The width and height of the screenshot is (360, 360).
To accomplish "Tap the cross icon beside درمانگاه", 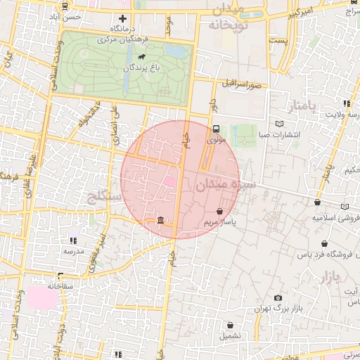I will pyautogui.click(x=123, y=18).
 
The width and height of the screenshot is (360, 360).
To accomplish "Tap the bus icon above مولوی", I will pyautogui.click(x=216, y=129).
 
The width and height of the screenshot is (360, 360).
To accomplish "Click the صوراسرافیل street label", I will pyautogui.click(x=242, y=84).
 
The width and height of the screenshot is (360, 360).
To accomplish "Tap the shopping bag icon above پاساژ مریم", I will pyautogui.click(x=220, y=211).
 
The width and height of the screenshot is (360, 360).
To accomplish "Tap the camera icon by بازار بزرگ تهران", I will pyautogui.click(x=278, y=298).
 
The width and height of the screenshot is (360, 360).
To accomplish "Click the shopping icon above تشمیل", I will pyautogui.click(x=231, y=325).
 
